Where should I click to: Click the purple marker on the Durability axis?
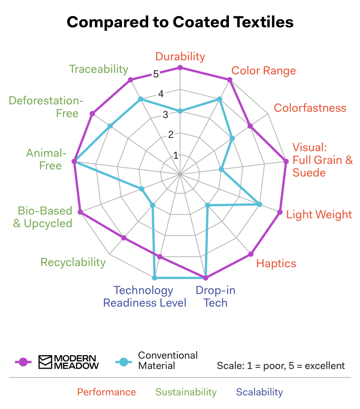(180, 68)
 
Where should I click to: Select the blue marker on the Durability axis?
(180, 111)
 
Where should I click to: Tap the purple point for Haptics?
(251, 254)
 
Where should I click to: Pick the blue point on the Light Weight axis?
(259, 204)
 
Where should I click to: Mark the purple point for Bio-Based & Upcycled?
(80, 212)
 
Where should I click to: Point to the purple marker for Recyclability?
(123, 238)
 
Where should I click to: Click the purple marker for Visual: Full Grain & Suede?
(286, 161)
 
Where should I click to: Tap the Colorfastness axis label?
(310, 108)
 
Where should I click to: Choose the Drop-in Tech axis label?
(215, 296)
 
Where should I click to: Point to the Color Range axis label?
(264, 71)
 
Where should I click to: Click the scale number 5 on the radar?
(155, 74)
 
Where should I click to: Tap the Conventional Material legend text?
(168, 360)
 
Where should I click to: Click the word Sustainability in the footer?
(186, 392)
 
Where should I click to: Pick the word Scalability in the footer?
(259, 392)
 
